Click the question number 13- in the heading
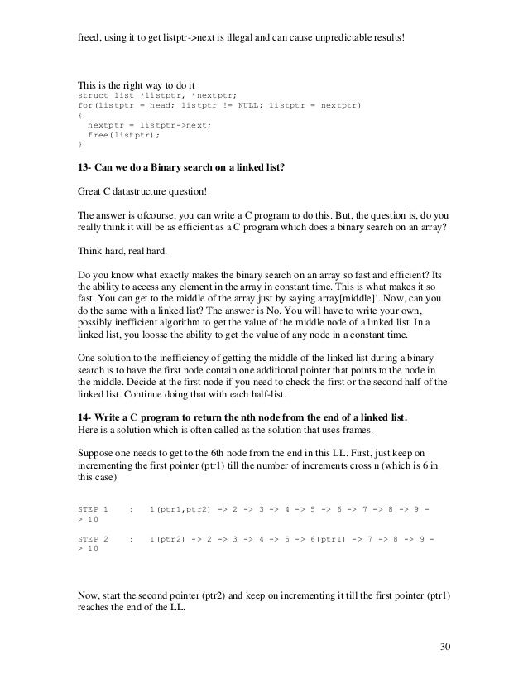[84, 168]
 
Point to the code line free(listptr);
[123, 134]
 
